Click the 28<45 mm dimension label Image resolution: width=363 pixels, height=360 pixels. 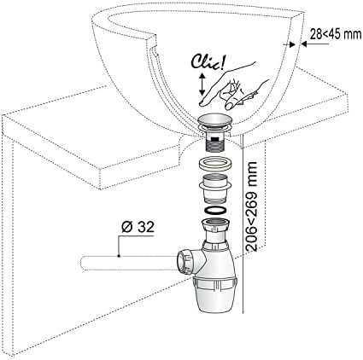pyautogui.click(x=335, y=34)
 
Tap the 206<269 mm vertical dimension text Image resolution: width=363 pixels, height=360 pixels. pyautogui.click(x=251, y=206)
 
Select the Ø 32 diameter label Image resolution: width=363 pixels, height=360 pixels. pyautogui.click(x=138, y=227)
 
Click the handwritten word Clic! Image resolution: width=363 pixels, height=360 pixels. pyautogui.click(x=208, y=63)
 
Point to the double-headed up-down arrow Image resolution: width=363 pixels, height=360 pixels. pyautogui.click(x=202, y=84)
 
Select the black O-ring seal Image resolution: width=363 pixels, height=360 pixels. pyautogui.click(x=215, y=211)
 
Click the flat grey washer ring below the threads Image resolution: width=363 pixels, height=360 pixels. pyautogui.click(x=215, y=165)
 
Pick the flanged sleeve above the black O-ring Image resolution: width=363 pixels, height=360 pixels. pyautogui.click(x=215, y=189)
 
